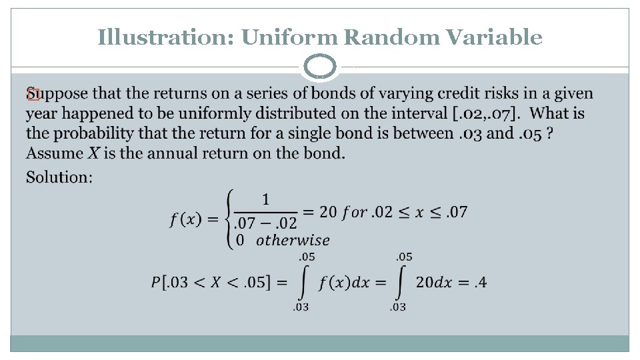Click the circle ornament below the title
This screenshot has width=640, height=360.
[x=320, y=67]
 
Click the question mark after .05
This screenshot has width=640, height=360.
[x=549, y=133]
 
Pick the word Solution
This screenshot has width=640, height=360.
[x=59, y=177]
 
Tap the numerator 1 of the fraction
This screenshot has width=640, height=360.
[x=265, y=199]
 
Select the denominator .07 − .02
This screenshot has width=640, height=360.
[x=266, y=224]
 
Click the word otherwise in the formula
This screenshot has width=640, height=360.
[x=293, y=240]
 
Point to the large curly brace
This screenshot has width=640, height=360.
[x=231, y=219]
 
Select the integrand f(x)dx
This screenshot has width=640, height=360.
[x=343, y=283]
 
